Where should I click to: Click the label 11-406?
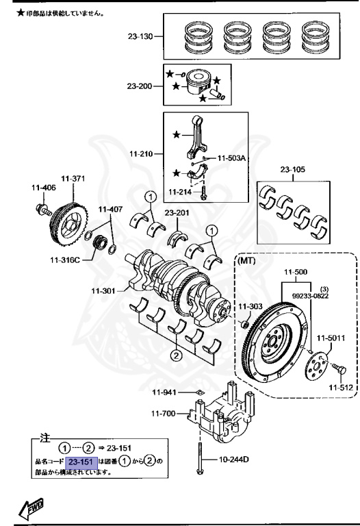43,187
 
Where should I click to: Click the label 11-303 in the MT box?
250,305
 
